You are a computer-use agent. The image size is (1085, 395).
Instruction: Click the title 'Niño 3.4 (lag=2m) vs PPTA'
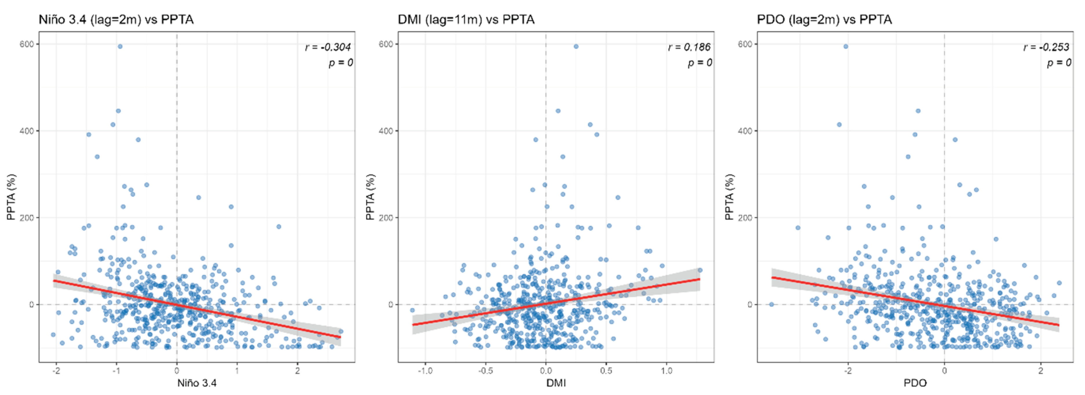[x=116, y=19]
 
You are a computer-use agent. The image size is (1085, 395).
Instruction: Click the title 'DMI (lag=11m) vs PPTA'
[x=466, y=19]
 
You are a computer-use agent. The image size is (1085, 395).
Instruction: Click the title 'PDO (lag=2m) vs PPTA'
[x=824, y=19]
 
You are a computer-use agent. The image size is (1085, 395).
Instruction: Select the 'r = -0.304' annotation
[x=328, y=47]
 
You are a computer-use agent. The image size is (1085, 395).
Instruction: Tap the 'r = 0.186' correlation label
[x=689, y=47]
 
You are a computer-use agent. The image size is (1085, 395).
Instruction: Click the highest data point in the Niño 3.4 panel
[x=120, y=46]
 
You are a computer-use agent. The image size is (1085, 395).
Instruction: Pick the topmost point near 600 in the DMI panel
[x=576, y=46]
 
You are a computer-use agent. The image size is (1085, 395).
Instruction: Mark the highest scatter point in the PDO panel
[x=845, y=46]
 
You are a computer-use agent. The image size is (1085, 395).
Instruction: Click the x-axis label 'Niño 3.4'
[x=197, y=383]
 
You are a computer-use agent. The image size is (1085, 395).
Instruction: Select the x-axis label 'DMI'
[x=556, y=383]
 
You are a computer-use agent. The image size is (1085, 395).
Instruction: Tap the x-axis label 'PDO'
[x=915, y=383]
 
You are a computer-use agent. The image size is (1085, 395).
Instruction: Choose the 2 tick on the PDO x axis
[x=1041, y=371]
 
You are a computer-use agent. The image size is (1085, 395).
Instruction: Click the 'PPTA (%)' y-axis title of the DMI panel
[x=370, y=197]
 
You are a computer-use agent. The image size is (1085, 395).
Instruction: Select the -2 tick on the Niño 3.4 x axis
[x=56, y=371]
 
